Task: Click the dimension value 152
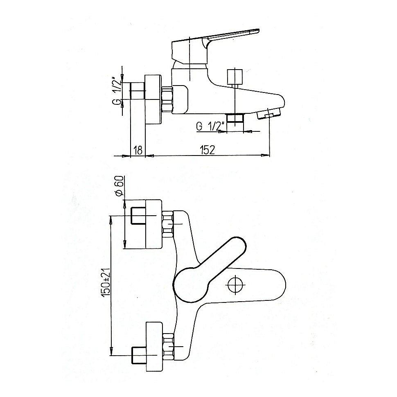208,150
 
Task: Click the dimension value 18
138,150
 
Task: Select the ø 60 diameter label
119,185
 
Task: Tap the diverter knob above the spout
235,77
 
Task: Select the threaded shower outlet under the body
235,118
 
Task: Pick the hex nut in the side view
167,99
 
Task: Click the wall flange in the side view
153,99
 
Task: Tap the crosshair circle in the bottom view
235,284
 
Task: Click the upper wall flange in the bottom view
153,224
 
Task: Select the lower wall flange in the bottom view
154,347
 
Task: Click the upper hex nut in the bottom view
168,224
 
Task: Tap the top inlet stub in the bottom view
138,216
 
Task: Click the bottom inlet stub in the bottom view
139,356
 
